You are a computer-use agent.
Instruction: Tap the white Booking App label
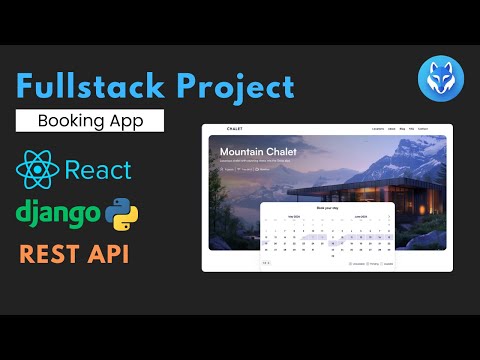point(90,122)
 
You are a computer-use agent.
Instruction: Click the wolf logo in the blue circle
point(436,78)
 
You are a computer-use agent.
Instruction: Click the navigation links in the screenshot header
point(401,130)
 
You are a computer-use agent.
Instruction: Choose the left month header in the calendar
point(294,216)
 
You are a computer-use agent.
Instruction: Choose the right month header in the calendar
point(361,216)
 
